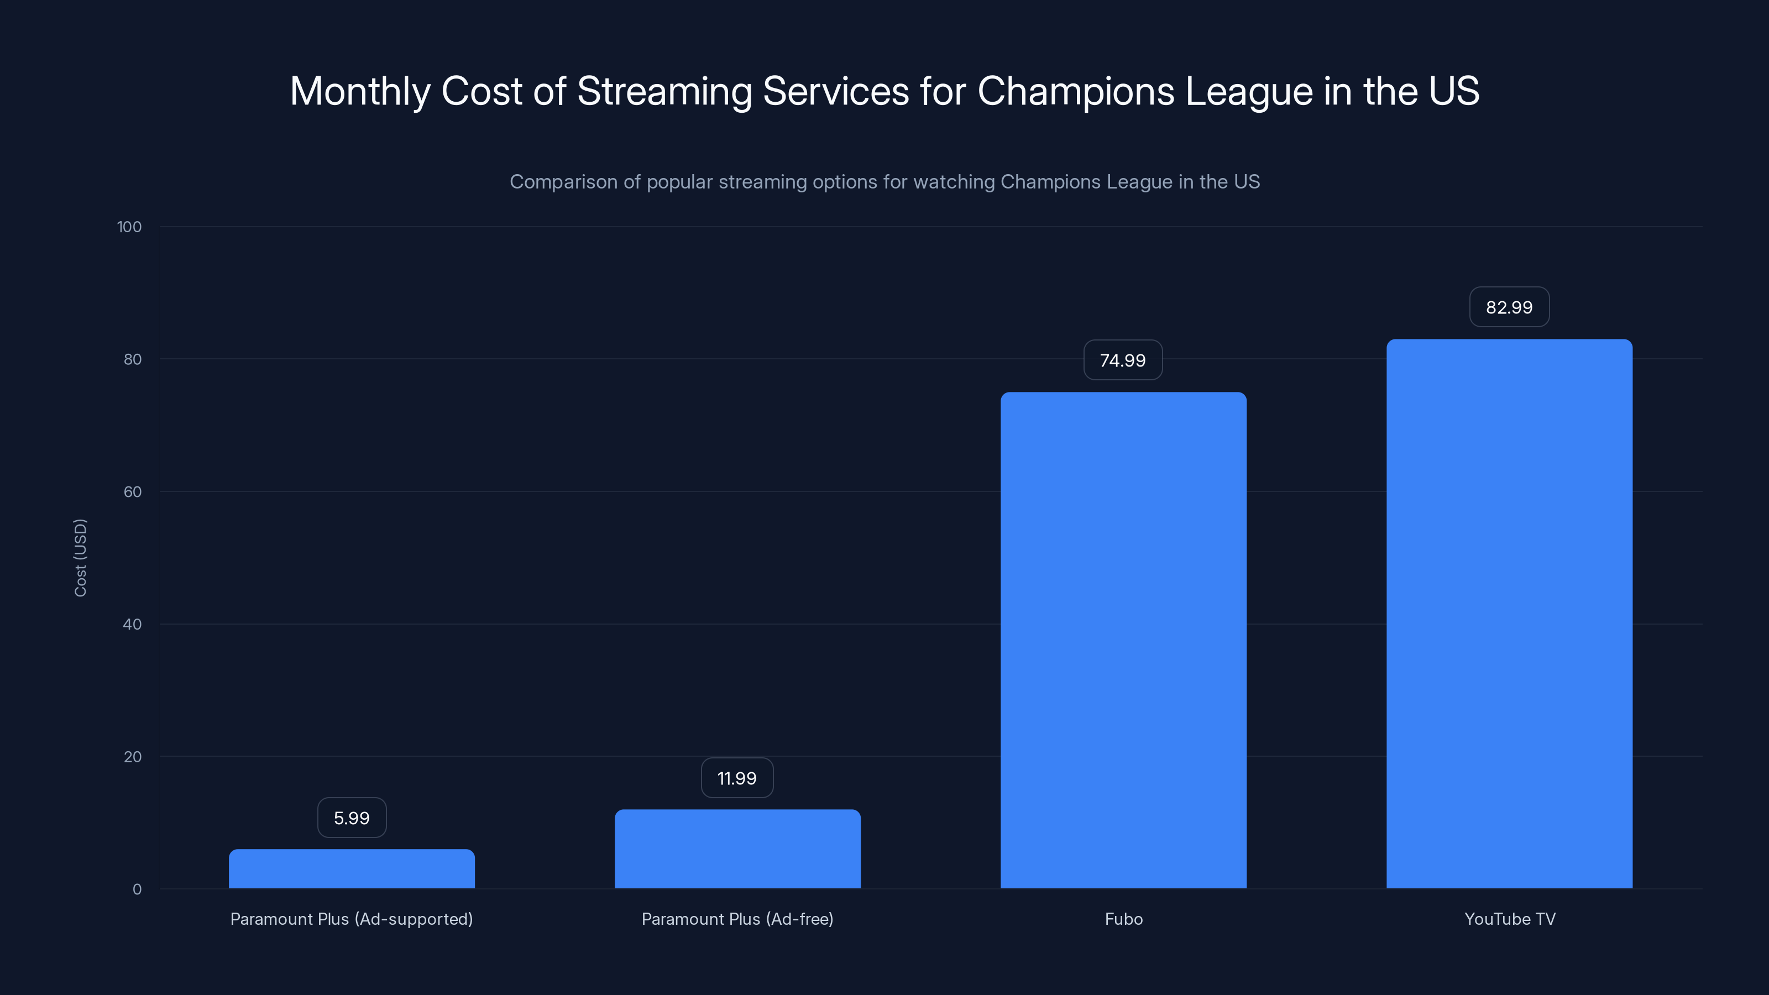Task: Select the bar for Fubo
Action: point(1123,640)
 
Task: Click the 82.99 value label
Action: point(1509,307)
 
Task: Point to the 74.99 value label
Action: point(1123,360)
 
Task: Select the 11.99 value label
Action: point(737,778)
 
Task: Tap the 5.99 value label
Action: point(352,818)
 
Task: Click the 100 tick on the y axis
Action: point(129,227)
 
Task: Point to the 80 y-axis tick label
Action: point(133,359)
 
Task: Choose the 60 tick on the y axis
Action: point(133,491)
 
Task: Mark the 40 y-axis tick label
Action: point(133,624)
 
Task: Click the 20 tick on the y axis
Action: point(133,757)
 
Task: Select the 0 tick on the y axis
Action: point(137,889)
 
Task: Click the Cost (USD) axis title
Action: point(80,558)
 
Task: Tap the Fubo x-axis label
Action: point(1123,919)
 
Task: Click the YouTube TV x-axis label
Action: point(1509,919)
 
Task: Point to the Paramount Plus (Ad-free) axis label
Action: point(737,919)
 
